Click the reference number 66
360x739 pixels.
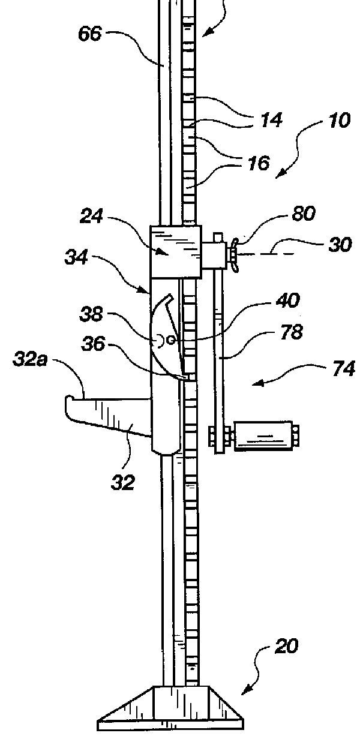(x=90, y=34)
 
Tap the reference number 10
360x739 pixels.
(x=340, y=121)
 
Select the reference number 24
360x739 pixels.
(x=91, y=217)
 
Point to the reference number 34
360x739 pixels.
(x=76, y=257)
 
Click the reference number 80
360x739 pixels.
(x=304, y=213)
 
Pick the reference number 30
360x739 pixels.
(x=340, y=245)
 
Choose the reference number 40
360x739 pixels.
(x=289, y=301)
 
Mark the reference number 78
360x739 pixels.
(x=292, y=332)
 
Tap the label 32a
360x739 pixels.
(x=30, y=359)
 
